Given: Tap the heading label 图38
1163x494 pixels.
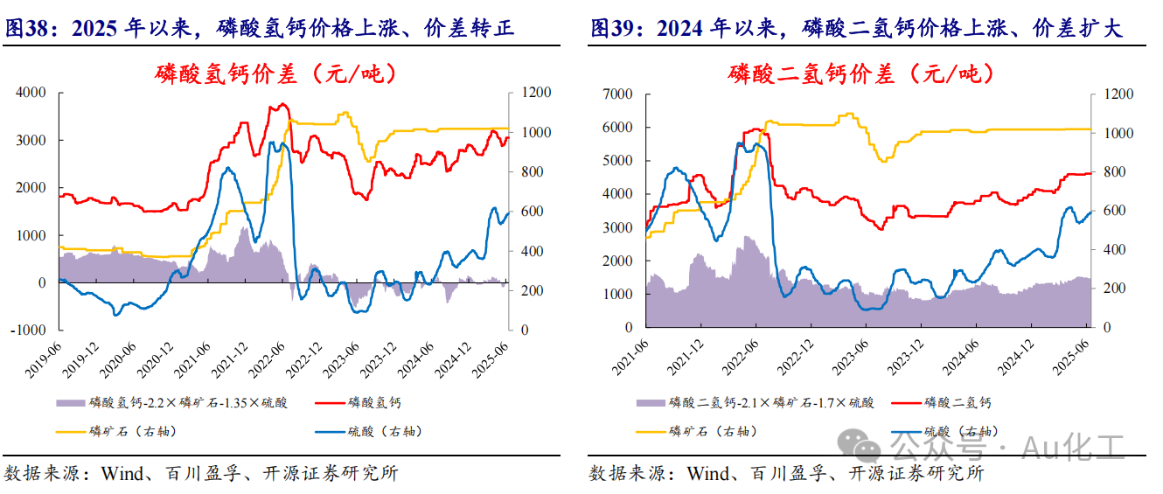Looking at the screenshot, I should pos(26,29).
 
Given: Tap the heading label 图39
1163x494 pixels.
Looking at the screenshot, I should pos(611,29).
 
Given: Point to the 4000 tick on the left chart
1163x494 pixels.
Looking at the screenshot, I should pos(31,93).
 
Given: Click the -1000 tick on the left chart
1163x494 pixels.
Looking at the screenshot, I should pos(29,330).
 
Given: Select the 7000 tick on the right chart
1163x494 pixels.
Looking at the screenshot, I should pos(616,94).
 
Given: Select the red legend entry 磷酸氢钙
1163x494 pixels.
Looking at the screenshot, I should pos(374,403).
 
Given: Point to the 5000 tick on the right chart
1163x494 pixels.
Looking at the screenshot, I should pos(616,160).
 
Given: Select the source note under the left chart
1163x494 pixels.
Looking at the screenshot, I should pos(201,474).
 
